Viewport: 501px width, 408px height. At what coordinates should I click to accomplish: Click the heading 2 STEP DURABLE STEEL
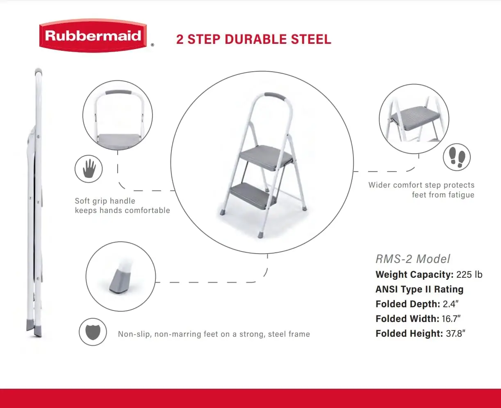coord(253,39)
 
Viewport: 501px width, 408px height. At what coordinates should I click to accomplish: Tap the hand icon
coord(89,168)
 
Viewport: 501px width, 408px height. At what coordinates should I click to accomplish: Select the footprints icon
coord(457,157)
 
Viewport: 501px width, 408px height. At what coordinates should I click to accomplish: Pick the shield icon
coord(93,332)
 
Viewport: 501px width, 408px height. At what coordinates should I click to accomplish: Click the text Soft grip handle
coord(105,201)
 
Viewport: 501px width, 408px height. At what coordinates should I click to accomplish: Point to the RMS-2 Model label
coord(413,259)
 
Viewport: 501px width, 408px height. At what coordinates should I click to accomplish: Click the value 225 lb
coord(469,274)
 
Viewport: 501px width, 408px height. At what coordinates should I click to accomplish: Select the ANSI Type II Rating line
coord(419,289)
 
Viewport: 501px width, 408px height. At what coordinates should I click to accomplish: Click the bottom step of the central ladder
coord(252,194)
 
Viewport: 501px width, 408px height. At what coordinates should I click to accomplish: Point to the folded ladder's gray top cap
coord(38,71)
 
